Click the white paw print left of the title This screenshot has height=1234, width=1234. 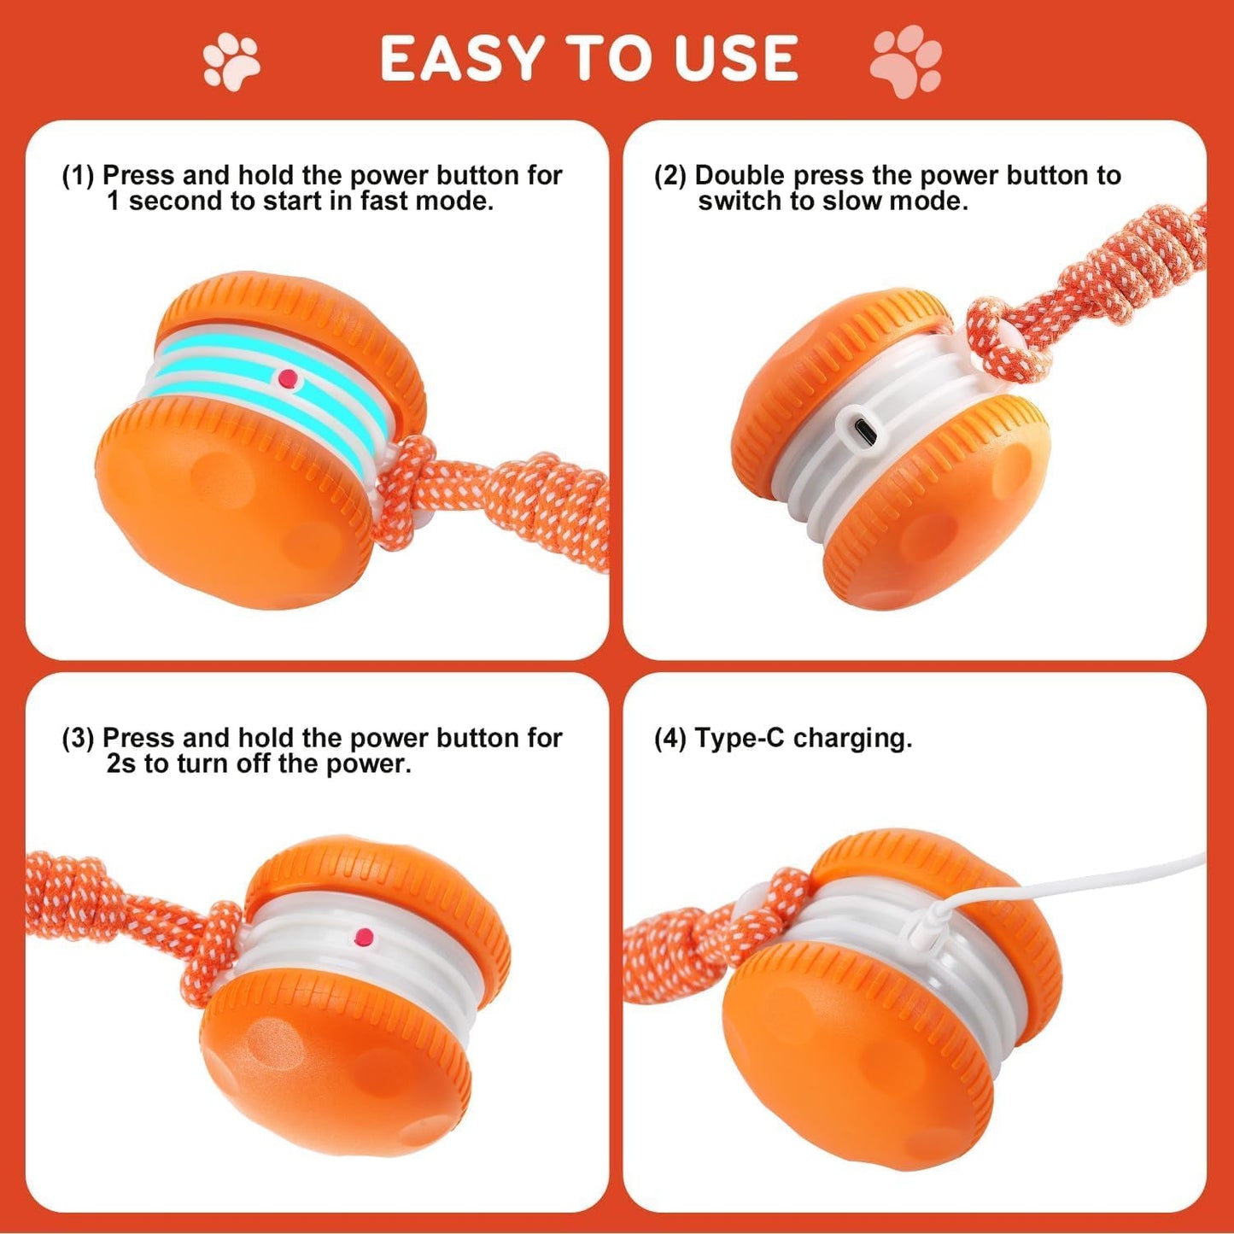click(231, 61)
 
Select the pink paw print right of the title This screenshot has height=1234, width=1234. click(906, 60)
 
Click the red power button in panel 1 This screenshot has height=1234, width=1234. click(289, 377)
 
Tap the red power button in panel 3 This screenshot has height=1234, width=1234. click(365, 937)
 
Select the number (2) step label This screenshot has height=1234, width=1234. click(670, 176)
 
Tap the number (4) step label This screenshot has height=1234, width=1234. click(670, 739)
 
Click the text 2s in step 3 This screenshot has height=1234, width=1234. click(121, 763)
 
